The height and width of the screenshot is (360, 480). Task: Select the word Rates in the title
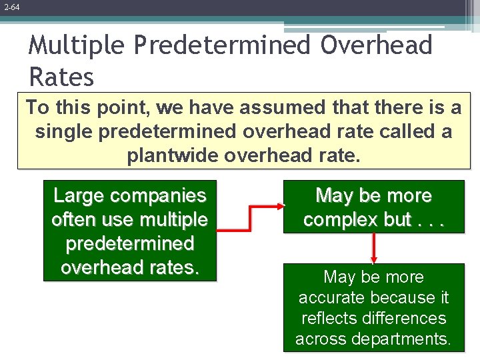tap(61, 77)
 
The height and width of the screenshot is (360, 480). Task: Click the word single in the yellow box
tap(64, 131)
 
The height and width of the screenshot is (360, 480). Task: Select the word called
tap(410, 131)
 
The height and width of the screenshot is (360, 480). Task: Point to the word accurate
tap(331, 297)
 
